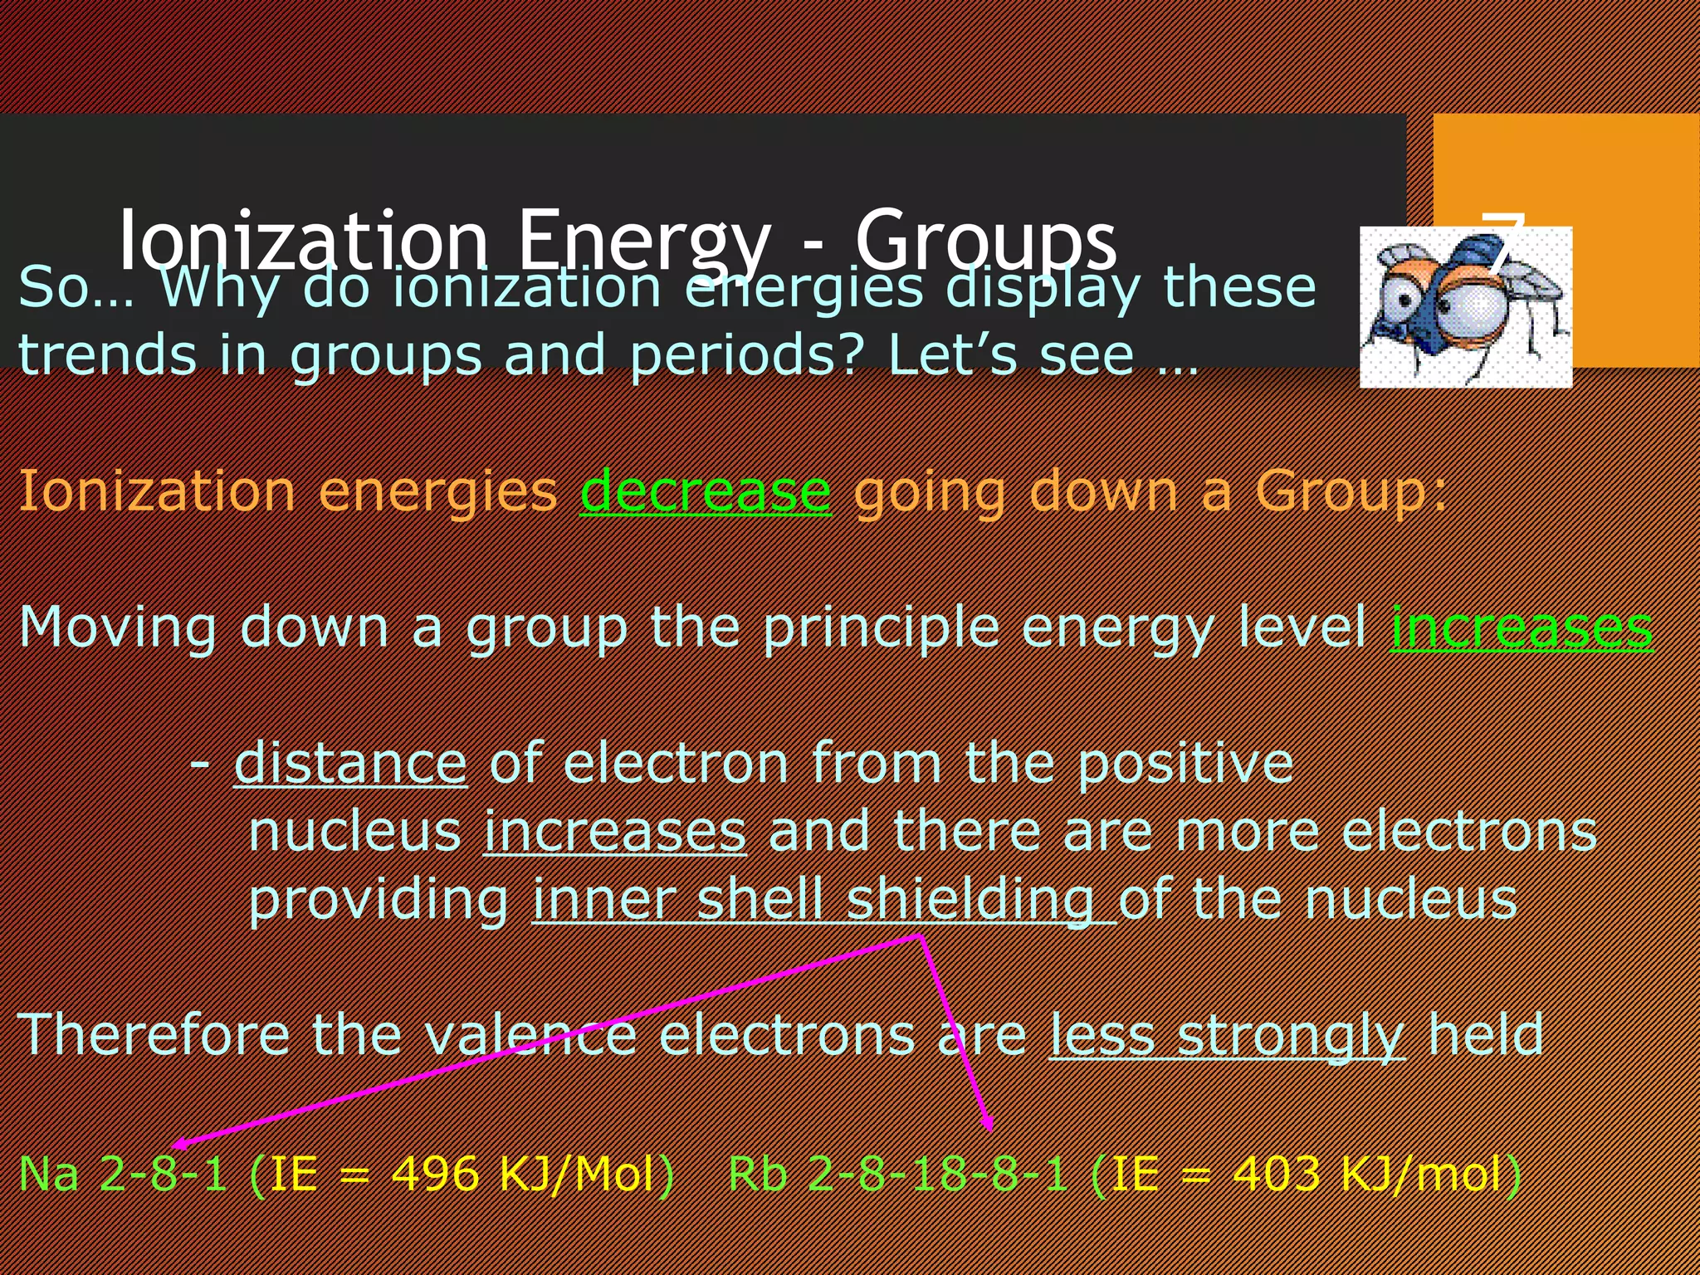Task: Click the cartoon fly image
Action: click(1465, 307)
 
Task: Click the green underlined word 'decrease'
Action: click(705, 491)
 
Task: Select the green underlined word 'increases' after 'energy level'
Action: click(1522, 628)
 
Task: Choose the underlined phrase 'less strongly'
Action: click(1227, 1035)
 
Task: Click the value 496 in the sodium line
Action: click(435, 1175)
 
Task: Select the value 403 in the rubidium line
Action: click(1276, 1175)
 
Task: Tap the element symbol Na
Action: click(49, 1175)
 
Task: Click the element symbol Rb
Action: click(757, 1175)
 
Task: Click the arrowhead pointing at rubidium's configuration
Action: click(987, 1125)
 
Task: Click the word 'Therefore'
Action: click(153, 1035)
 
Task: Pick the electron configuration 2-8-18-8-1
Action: click(937, 1175)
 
